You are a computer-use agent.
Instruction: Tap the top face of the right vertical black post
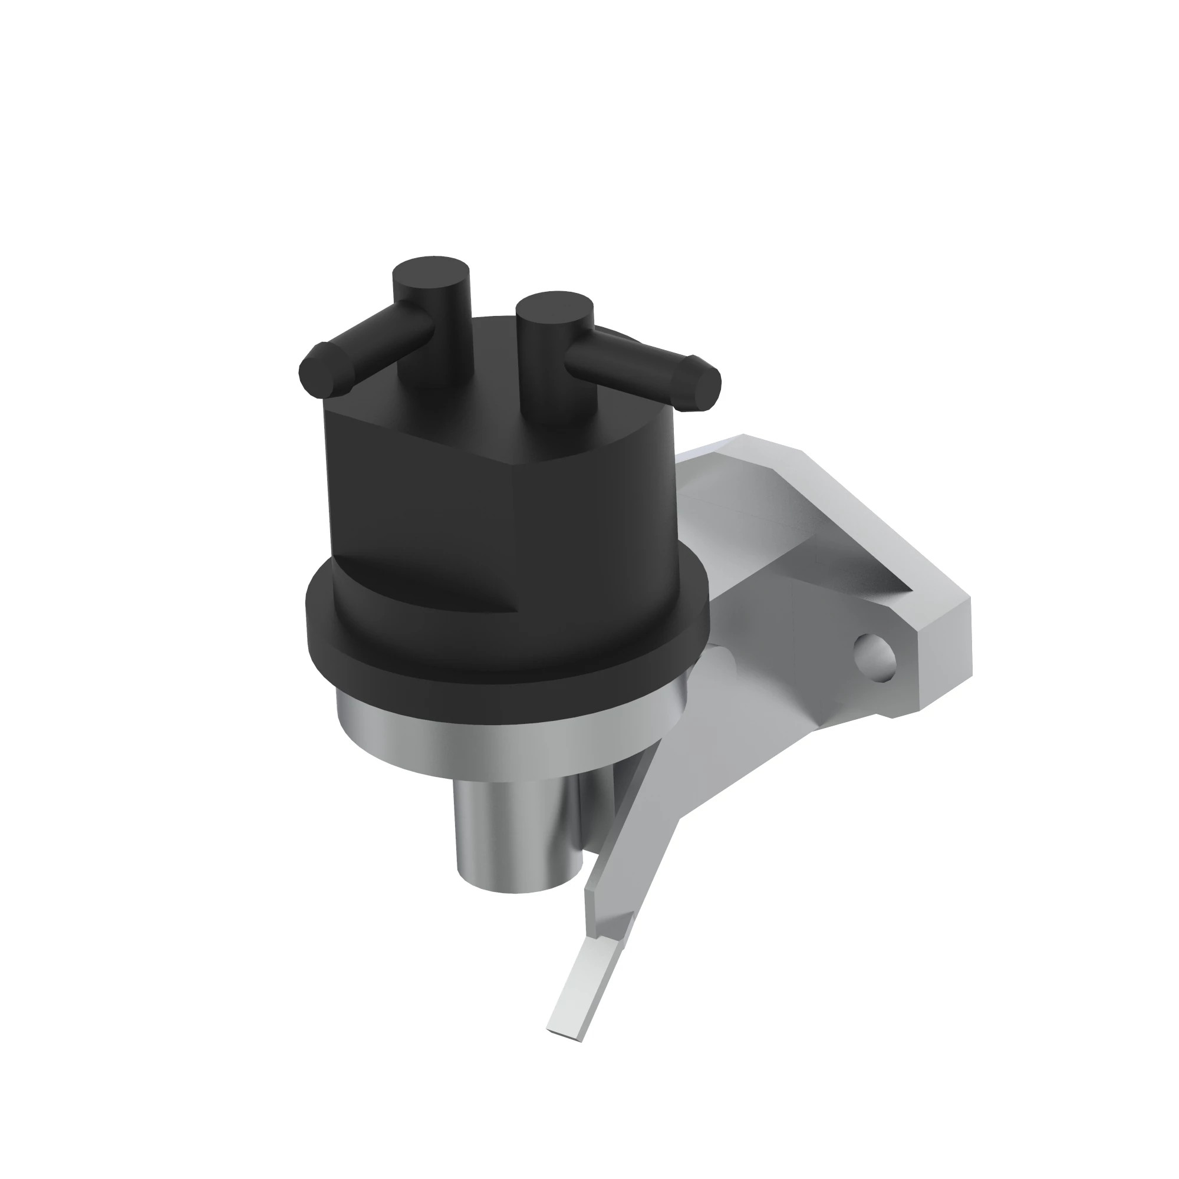(554, 305)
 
